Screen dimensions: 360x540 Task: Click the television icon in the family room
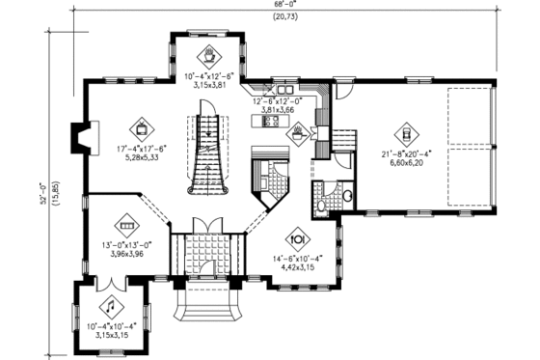(x=142, y=125)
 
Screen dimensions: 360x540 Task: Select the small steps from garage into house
(x=342, y=138)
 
